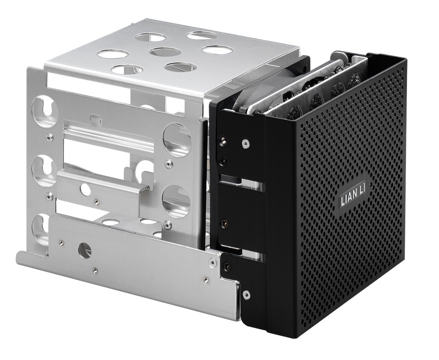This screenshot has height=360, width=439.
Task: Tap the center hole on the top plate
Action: [165, 52]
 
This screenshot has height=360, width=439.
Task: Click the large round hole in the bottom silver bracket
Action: [84, 250]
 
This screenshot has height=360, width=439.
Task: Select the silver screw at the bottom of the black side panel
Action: [246, 294]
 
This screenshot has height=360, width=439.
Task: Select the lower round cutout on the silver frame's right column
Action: [176, 200]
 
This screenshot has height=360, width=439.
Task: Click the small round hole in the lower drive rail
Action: [86, 189]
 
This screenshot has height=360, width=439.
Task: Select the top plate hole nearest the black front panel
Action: [217, 50]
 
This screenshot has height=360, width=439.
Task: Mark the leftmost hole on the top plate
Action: [113, 54]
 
